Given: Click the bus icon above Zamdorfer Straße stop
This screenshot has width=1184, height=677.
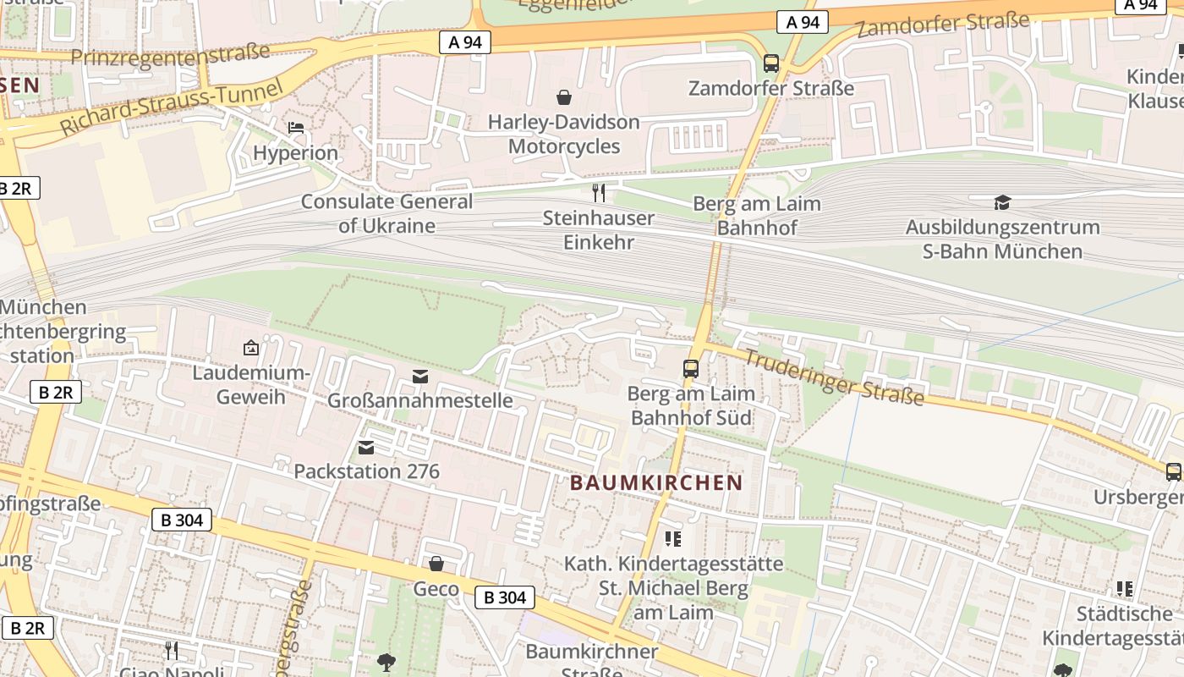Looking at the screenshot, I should pyautogui.click(x=770, y=63).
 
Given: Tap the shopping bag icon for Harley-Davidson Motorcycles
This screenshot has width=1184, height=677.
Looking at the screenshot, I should pyautogui.click(x=563, y=97).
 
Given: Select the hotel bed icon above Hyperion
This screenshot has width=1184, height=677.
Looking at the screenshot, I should pyautogui.click(x=296, y=128).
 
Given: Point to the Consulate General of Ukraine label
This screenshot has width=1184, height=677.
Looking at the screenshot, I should pyautogui.click(x=386, y=213).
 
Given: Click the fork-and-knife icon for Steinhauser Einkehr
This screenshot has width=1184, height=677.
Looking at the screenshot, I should pyautogui.click(x=599, y=193).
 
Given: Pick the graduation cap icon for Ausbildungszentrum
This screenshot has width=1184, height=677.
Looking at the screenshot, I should pyautogui.click(x=1002, y=202).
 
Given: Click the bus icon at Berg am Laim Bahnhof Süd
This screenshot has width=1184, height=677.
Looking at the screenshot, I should pyautogui.click(x=691, y=369).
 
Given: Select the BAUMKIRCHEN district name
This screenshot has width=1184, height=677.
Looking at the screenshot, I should pyautogui.click(x=656, y=483).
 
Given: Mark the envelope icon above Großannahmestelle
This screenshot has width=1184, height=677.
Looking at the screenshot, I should pyautogui.click(x=420, y=377).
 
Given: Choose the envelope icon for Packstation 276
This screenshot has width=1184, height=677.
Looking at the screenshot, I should pyautogui.click(x=366, y=447).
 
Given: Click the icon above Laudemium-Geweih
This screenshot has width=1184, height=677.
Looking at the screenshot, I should pyautogui.click(x=250, y=348).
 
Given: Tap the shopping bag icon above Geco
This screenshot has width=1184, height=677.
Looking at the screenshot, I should pyautogui.click(x=436, y=564).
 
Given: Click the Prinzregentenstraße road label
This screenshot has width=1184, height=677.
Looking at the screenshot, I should pyautogui.click(x=170, y=55).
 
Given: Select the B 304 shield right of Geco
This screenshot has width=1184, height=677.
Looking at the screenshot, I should pyautogui.click(x=505, y=597).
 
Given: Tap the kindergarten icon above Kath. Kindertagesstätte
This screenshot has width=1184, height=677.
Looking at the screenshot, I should pyautogui.click(x=673, y=538).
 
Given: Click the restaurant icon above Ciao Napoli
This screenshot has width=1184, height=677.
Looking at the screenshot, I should pyautogui.click(x=172, y=650).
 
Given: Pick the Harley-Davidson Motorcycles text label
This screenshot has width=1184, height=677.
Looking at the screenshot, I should pyautogui.click(x=564, y=134).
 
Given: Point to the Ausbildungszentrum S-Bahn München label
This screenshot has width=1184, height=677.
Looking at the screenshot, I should pyautogui.click(x=1002, y=239).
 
